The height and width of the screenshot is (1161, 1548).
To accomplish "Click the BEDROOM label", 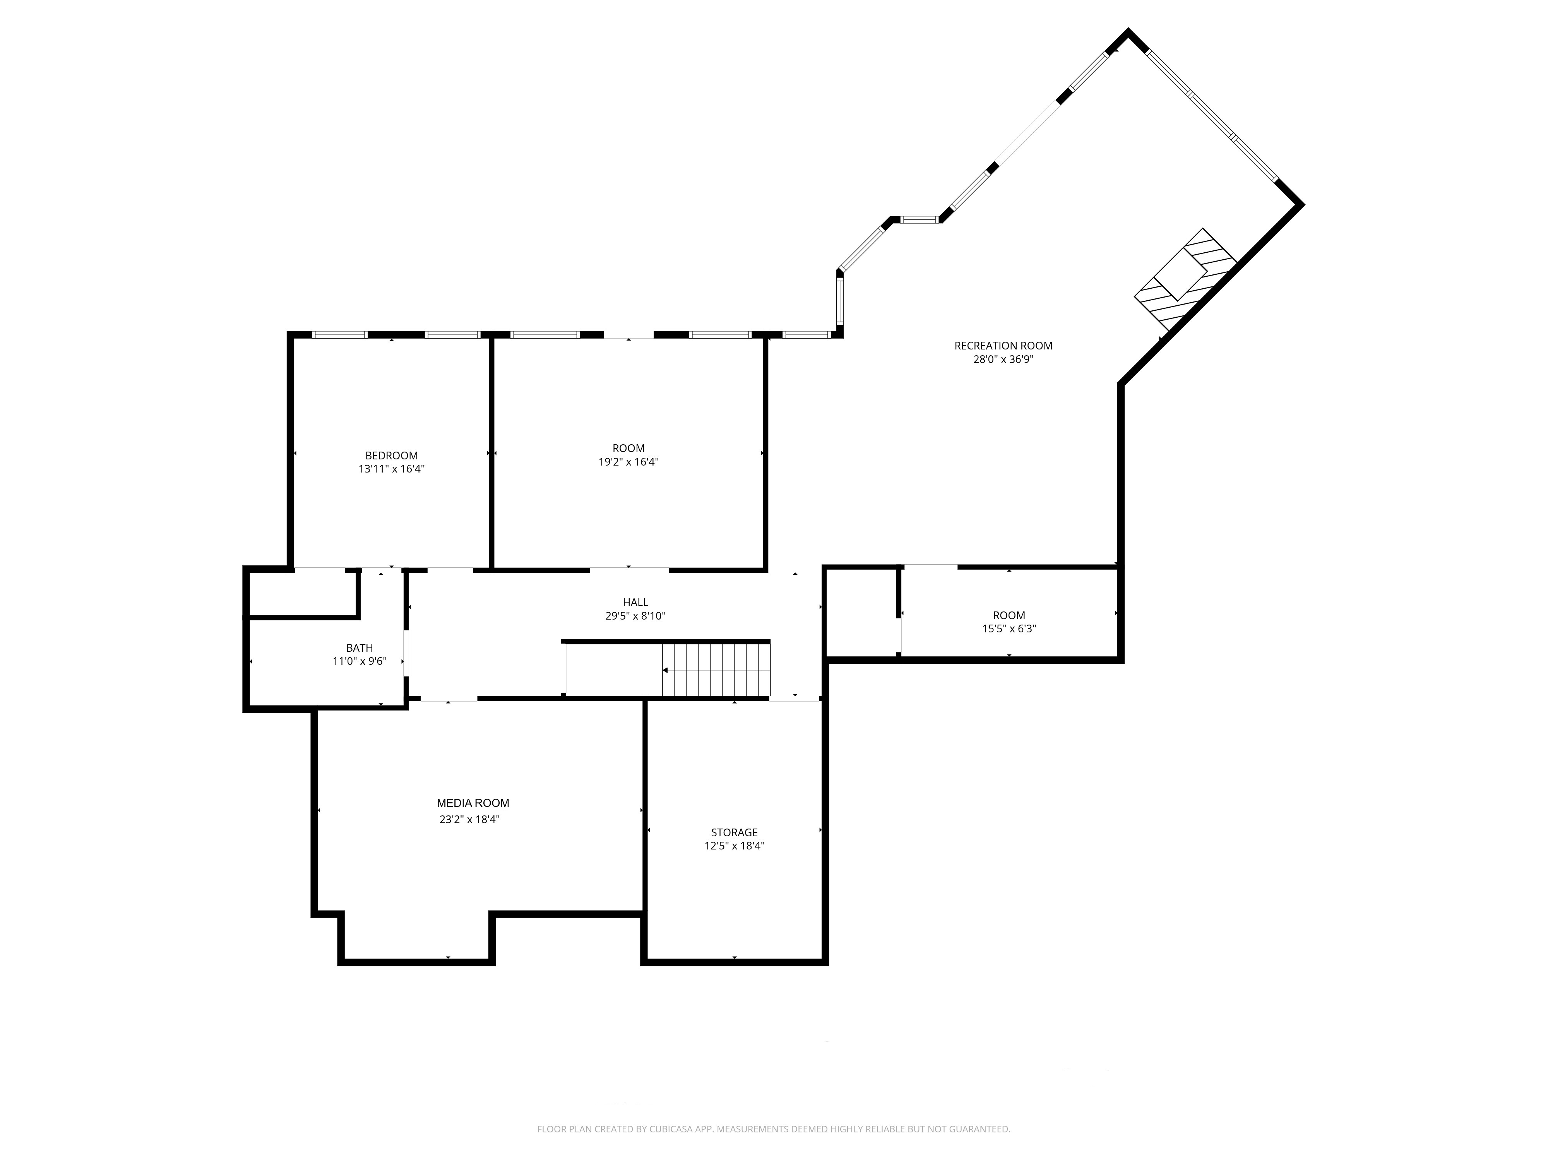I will (391, 455).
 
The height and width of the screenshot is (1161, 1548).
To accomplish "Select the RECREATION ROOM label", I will (1003, 346).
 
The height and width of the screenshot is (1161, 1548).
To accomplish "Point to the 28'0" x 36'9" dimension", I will (1003, 360).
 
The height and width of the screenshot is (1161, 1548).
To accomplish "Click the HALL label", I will (635, 602).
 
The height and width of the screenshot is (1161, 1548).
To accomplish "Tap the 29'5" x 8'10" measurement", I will (635, 616).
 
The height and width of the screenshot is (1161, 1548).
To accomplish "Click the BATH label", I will (359, 648).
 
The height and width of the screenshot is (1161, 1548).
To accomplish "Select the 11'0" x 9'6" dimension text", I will (359, 661).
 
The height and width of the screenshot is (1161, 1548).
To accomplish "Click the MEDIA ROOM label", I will (473, 803).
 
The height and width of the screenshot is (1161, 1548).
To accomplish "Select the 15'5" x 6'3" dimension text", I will (1009, 628).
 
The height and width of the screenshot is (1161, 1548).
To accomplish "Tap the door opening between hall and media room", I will (449, 699).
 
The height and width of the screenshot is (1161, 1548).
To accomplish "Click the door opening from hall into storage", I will (794, 699).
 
